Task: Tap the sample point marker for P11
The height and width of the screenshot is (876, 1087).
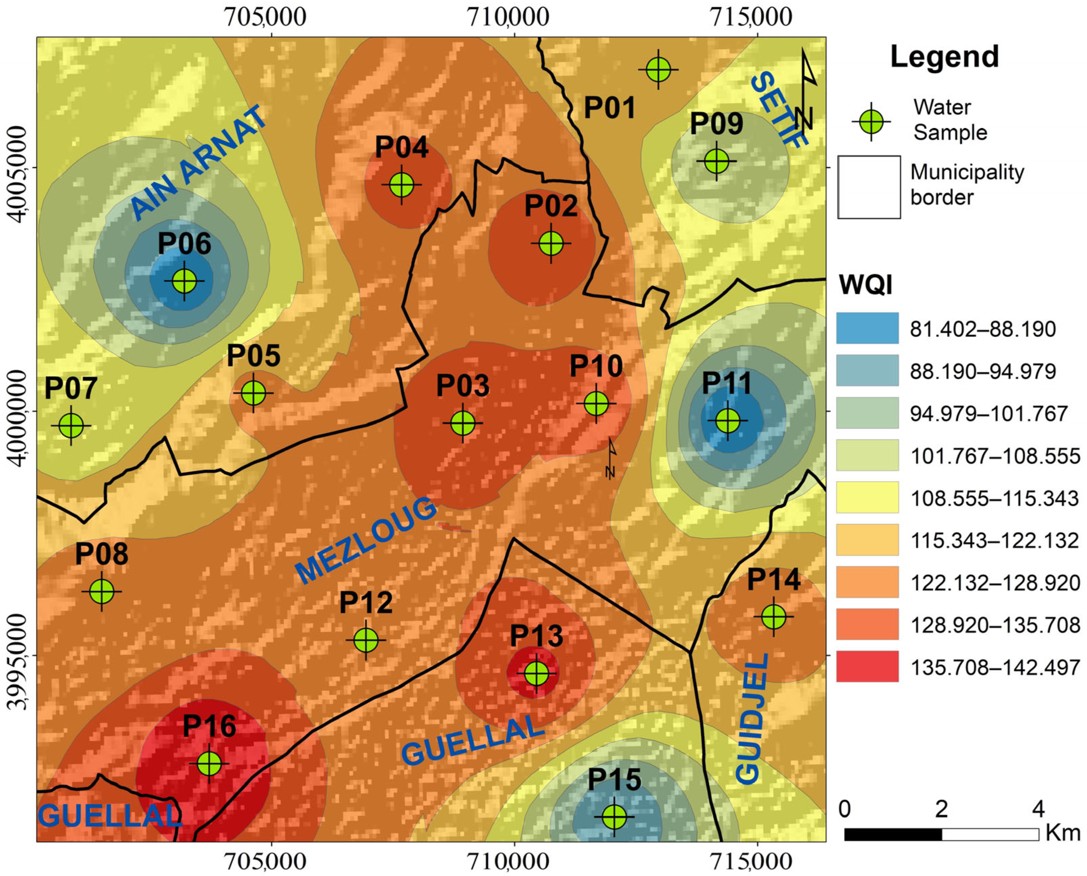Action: pos(728,420)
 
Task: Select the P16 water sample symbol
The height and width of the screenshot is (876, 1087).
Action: pos(209,764)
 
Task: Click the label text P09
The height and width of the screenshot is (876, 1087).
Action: pos(716,124)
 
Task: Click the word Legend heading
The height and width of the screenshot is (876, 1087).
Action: pos(944,57)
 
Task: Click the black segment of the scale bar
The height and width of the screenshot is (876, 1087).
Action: pos(893,834)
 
